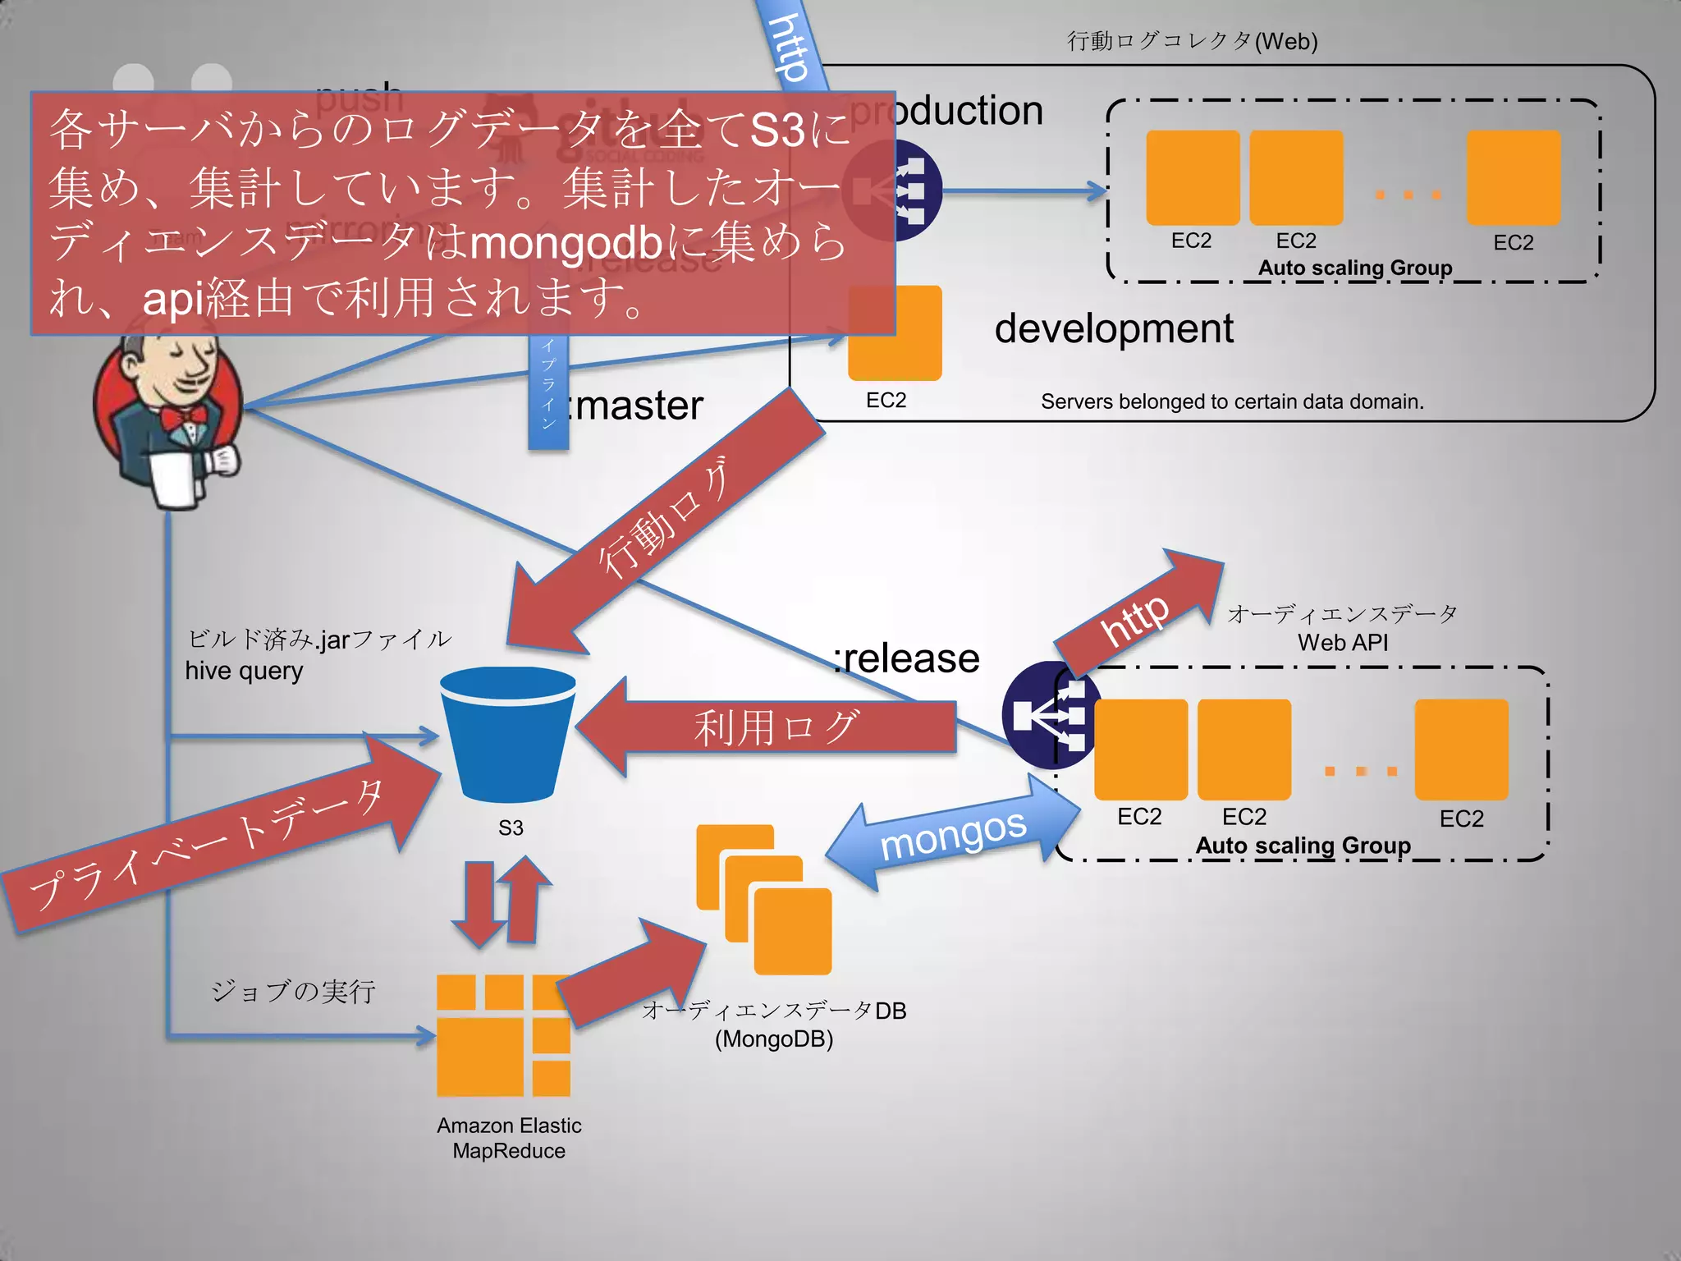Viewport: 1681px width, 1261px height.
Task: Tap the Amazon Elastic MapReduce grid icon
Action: tap(503, 1035)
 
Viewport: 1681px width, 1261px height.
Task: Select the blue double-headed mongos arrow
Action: tap(952, 832)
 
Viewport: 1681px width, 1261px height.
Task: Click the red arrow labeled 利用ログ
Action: tap(767, 727)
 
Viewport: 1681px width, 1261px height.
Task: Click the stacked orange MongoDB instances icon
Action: tap(764, 899)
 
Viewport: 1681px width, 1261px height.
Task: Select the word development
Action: tap(1113, 328)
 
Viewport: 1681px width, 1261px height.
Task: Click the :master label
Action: tap(637, 406)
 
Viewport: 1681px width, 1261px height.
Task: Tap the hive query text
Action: tap(244, 671)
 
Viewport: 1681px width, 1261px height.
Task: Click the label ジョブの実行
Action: tap(293, 991)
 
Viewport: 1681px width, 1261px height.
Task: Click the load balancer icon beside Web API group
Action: tap(1047, 715)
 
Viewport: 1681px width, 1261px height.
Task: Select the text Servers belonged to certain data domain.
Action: tap(1231, 401)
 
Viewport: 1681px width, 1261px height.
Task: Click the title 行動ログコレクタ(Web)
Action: tap(1192, 41)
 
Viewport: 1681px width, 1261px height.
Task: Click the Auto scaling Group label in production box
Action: tap(1354, 268)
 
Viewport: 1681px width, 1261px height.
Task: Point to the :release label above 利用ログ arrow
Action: tap(906, 658)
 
